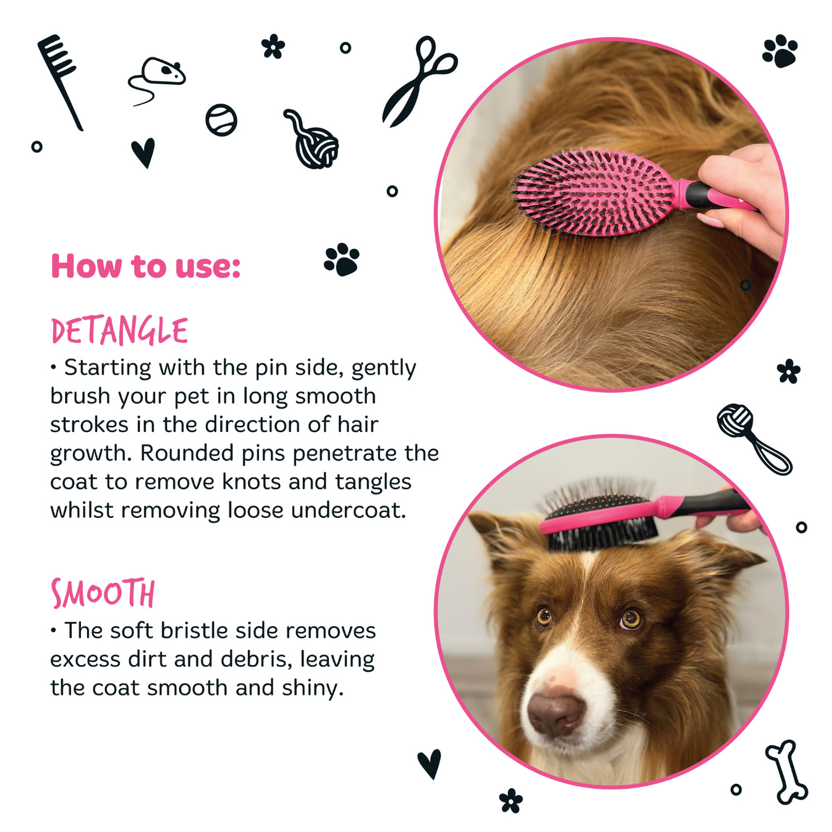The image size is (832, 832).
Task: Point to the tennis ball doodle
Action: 221,120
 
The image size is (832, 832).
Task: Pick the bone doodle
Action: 787,772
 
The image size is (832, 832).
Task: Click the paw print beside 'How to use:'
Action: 341,259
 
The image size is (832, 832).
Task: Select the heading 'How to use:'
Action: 145,266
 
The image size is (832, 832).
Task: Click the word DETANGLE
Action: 119,331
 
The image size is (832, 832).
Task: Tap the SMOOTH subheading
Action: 103,594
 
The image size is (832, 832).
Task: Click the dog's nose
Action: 555,713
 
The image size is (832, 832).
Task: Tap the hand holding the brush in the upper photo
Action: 742,192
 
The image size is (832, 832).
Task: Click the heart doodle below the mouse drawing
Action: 143,152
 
